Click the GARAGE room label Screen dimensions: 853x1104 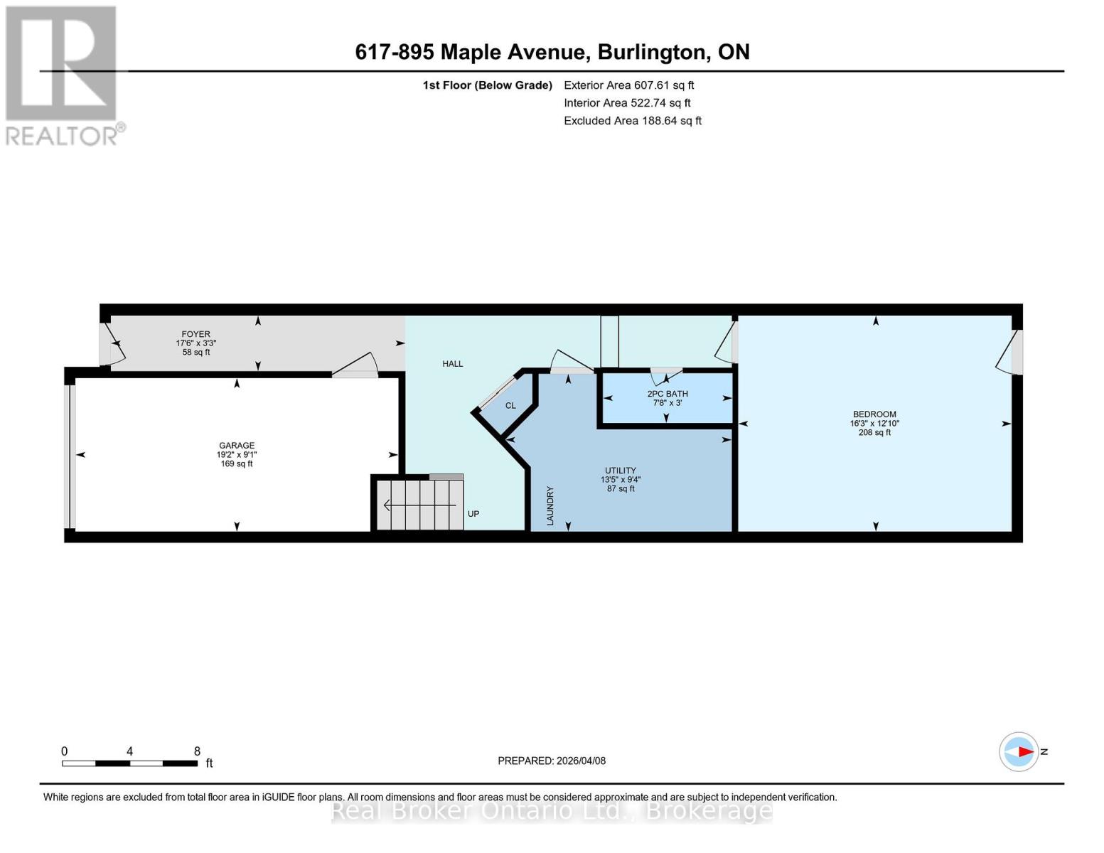coord(236,446)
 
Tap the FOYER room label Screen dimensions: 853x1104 coord(195,334)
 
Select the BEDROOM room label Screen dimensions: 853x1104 coord(874,414)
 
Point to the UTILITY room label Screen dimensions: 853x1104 coord(620,471)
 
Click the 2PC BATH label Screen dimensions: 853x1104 coord(667,394)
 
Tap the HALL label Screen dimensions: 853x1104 coord(452,364)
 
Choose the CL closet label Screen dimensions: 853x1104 coord(510,406)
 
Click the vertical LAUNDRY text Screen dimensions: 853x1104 coord(550,506)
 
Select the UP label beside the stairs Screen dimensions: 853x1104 coord(473,514)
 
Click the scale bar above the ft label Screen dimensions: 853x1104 coord(129,763)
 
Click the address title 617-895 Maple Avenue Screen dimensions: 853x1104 coord(552,52)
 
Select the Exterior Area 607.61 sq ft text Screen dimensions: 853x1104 coord(628,85)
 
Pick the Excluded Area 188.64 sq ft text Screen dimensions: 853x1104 coord(632,121)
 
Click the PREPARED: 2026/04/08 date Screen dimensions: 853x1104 coord(552,761)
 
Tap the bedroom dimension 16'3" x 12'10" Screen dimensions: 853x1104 coord(874,424)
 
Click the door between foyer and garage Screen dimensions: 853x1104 coord(355,365)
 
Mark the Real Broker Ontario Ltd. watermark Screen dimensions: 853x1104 coord(552,810)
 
